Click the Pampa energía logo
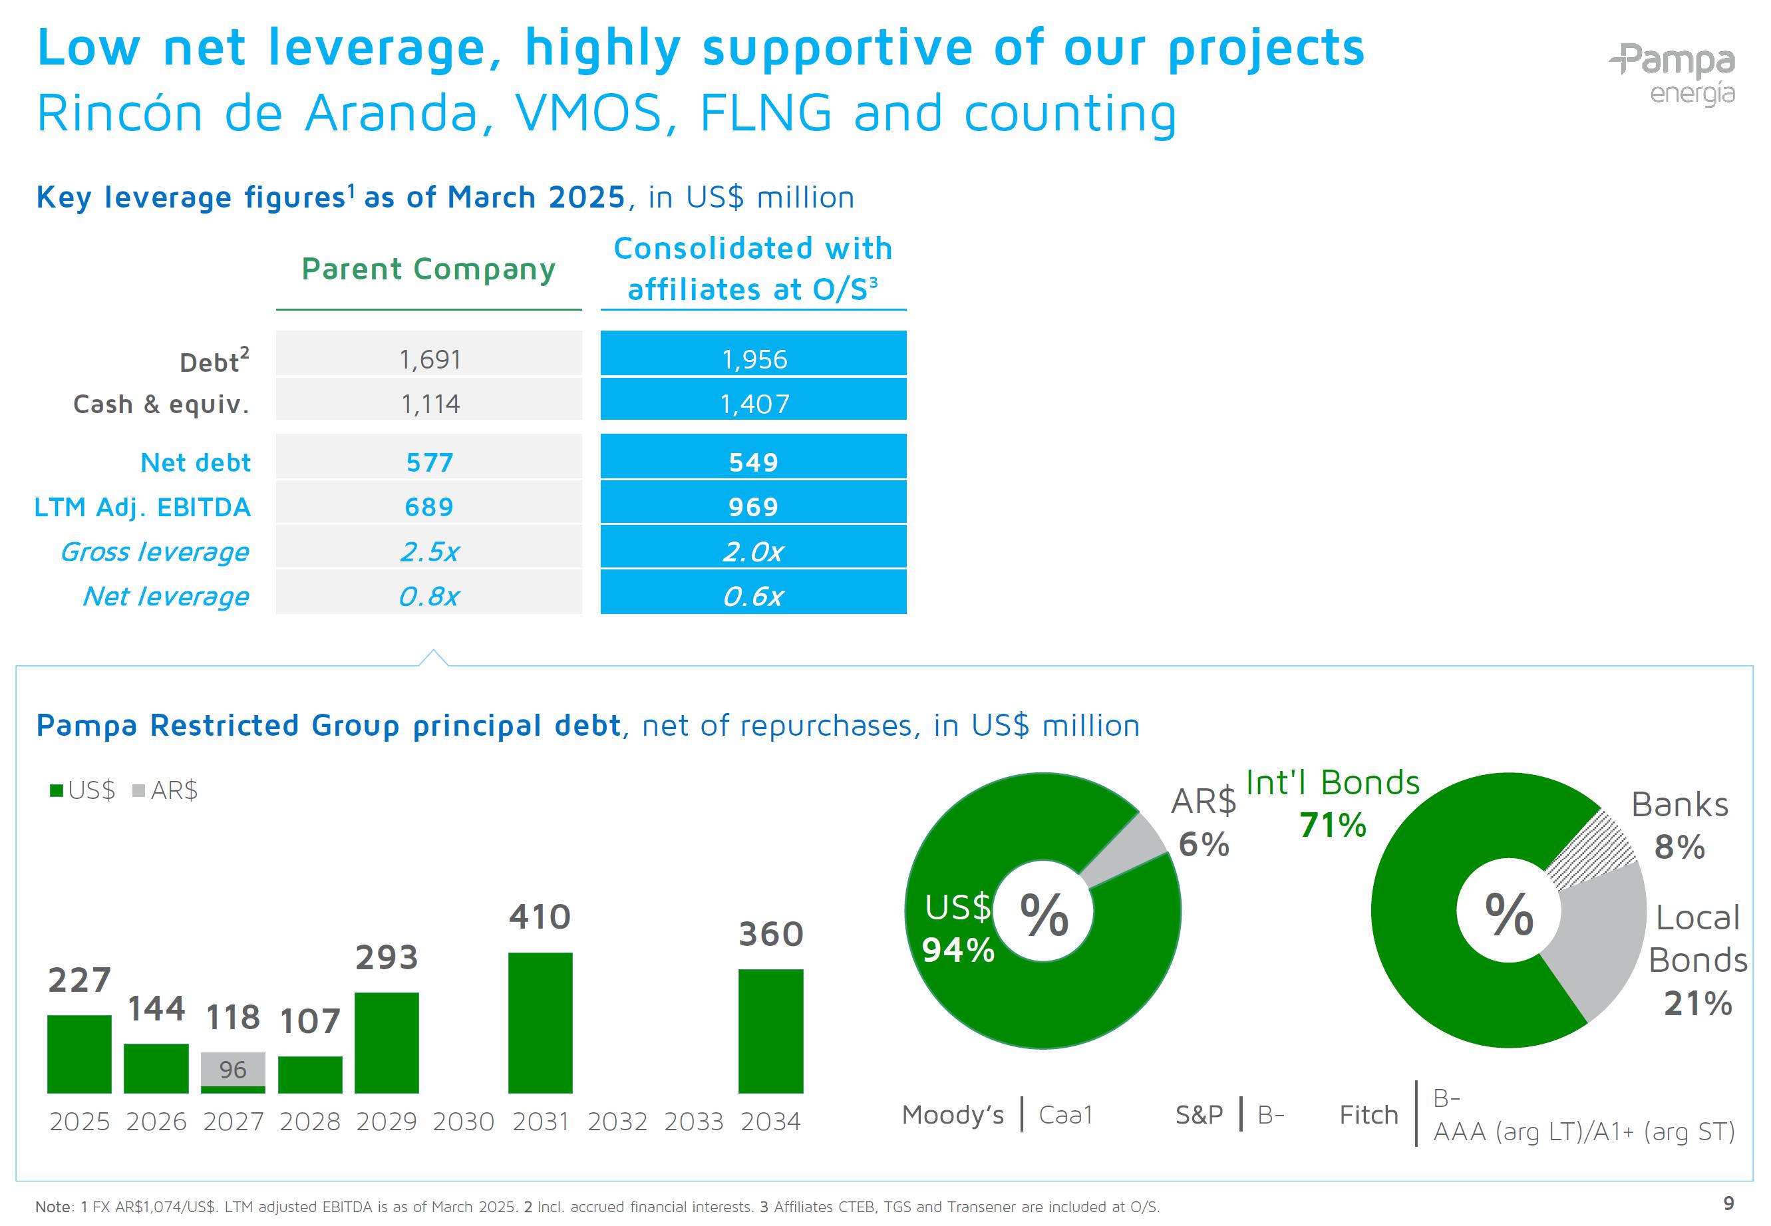(x=1672, y=74)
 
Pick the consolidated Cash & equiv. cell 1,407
(x=753, y=403)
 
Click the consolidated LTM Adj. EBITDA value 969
(x=753, y=506)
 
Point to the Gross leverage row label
(x=154, y=551)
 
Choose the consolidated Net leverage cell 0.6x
(x=753, y=596)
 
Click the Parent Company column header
(x=428, y=269)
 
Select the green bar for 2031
(x=540, y=1022)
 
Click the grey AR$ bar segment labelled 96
(x=233, y=1068)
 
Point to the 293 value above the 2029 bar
(x=387, y=957)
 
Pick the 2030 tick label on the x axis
(x=463, y=1122)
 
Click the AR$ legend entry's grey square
(x=139, y=790)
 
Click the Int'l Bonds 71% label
(x=1333, y=803)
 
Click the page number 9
(x=1728, y=1203)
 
